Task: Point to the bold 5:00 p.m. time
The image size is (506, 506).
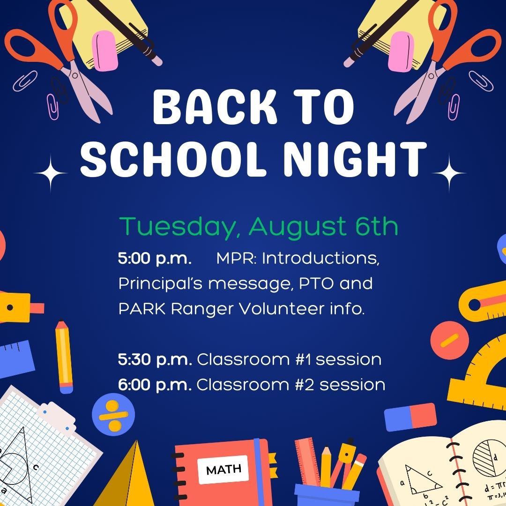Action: coord(154,259)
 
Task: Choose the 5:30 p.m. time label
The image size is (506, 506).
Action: coord(155,360)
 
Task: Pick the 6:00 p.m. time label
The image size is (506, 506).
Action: coord(155,385)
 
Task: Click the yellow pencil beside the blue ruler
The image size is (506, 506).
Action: coord(64,357)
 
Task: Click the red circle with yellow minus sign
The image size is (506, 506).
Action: coord(449,341)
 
